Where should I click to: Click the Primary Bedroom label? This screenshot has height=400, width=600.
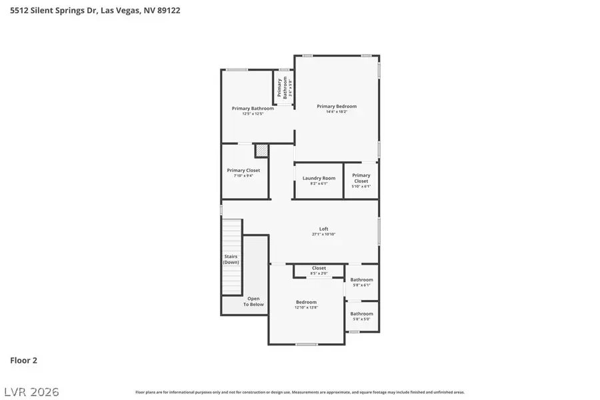pyautogui.click(x=337, y=107)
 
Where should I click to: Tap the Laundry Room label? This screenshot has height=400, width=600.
pyautogui.click(x=319, y=178)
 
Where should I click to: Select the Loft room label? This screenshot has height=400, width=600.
pyautogui.click(x=324, y=229)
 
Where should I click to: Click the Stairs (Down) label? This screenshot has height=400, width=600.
pyautogui.click(x=231, y=259)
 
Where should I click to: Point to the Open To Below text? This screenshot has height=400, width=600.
pyautogui.click(x=254, y=301)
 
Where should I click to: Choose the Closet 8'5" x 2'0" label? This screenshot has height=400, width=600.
pyautogui.click(x=319, y=268)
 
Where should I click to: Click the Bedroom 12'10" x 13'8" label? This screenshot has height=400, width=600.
pyautogui.click(x=306, y=303)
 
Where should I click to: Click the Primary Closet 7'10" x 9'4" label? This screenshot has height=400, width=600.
pyautogui.click(x=243, y=171)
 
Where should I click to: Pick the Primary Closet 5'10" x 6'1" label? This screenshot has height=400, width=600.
pyautogui.click(x=361, y=178)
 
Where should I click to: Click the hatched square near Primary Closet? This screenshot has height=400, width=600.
pyautogui.click(x=261, y=151)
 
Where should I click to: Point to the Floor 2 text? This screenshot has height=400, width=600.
pyautogui.click(x=23, y=361)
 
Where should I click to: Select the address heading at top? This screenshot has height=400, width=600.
pyautogui.click(x=95, y=11)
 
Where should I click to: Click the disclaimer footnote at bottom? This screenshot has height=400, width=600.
pyautogui.click(x=300, y=392)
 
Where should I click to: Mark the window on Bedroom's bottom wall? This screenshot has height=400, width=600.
pyautogui.click(x=306, y=344)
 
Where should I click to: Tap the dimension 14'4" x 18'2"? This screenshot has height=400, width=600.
pyautogui.click(x=337, y=112)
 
